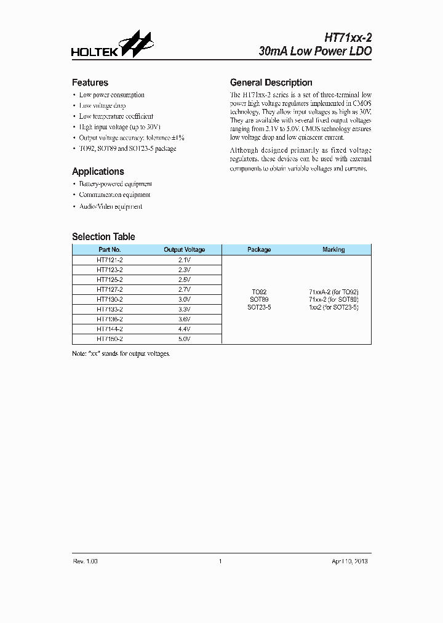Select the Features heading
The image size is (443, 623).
point(90,82)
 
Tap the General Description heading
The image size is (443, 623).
point(271,82)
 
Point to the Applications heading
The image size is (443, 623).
point(98,172)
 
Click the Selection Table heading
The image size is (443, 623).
point(103,236)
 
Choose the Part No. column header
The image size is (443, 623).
point(110,250)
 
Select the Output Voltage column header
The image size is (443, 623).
point(184,250)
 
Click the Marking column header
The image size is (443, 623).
point(333,250)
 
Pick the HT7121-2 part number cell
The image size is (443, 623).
point(110,260)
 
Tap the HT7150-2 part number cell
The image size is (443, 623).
point(110,339)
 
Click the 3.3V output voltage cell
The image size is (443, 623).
point(184,309)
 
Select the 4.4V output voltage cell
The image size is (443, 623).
point(184,329)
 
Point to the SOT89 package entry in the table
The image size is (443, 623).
point(259,299)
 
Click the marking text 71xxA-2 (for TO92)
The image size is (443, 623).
point(333,292)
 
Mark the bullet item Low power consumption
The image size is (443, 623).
point(111,95)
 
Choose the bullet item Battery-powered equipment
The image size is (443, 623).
point(115,184)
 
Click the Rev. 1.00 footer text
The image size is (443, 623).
point(86,561)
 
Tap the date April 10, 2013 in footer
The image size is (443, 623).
point(349,561)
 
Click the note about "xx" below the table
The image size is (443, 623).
point(121,354)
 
